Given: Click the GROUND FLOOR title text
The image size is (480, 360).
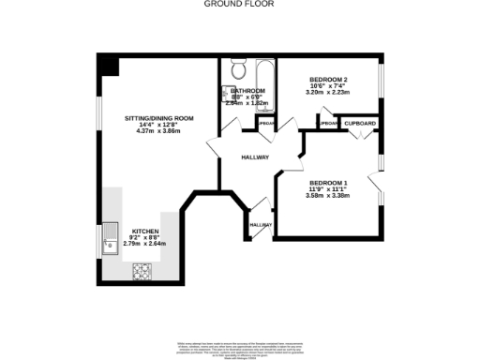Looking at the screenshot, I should click(239, 4).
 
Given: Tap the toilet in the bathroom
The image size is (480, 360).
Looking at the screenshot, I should click(237, 69).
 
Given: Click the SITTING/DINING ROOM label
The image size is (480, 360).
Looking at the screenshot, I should click(159, 118).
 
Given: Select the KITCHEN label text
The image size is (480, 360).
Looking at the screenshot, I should click(145, 231).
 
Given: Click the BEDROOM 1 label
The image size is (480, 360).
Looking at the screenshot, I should click(328, 182).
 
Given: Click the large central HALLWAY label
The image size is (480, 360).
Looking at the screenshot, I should click(255, 157).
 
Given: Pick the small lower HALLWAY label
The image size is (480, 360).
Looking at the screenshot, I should click(260, 225).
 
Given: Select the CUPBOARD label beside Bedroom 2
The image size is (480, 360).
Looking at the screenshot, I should click(360, 124).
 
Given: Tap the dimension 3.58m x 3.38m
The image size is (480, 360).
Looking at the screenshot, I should click(328, 195).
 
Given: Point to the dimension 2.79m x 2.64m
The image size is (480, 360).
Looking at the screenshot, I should click(145, 244).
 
